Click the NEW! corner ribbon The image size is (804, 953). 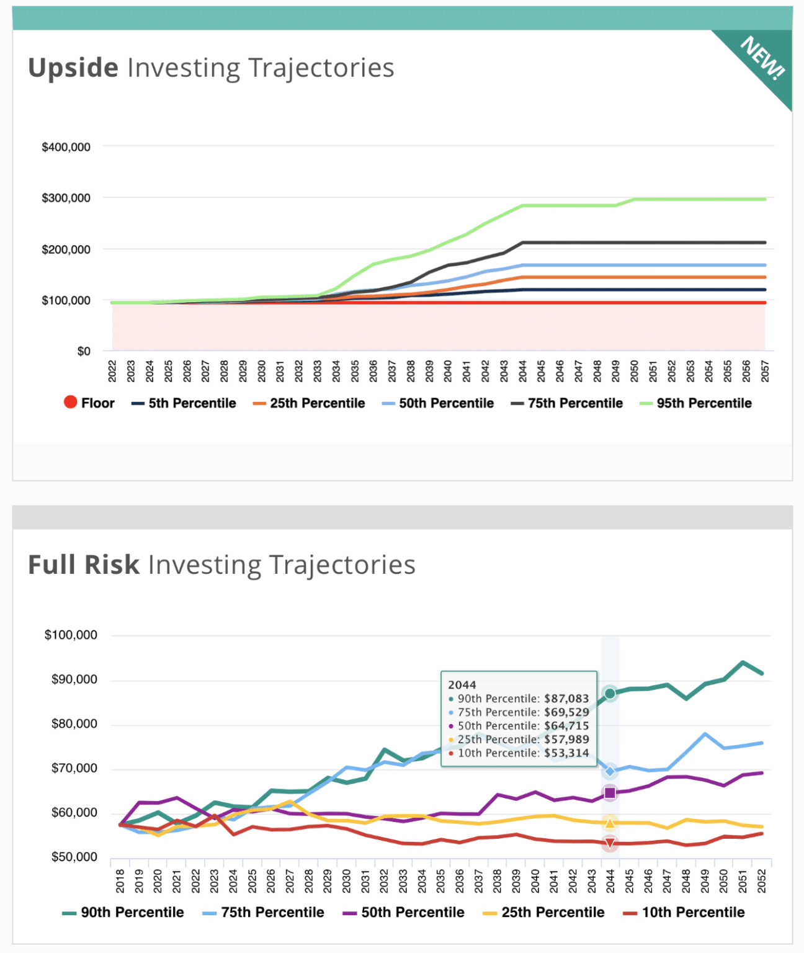coord(762,59)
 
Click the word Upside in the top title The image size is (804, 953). coord(73,68)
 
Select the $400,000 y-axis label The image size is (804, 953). coord(66,147)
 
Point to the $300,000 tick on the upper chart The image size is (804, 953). coord(66,198)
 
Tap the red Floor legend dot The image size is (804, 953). coord(70,402)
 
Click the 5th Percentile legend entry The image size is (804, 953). coord(184,403)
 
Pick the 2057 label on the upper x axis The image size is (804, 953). coord(765,371)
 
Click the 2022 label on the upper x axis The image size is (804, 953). coord(112,371)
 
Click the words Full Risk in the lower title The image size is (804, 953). coord(84,565)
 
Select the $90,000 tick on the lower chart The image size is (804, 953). coord(74,679)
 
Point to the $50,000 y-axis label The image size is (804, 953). coord(74,857)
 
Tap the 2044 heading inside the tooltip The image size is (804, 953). coord(462,684)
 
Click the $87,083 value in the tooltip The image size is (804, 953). coord(566,699)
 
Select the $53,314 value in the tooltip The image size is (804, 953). coord(566,753)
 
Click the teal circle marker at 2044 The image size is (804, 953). coord(610,694)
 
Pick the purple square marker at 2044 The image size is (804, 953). coord(610,792)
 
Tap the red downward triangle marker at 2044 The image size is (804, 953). coord(610,843)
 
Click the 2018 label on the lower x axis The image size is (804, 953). coord(120,880)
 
